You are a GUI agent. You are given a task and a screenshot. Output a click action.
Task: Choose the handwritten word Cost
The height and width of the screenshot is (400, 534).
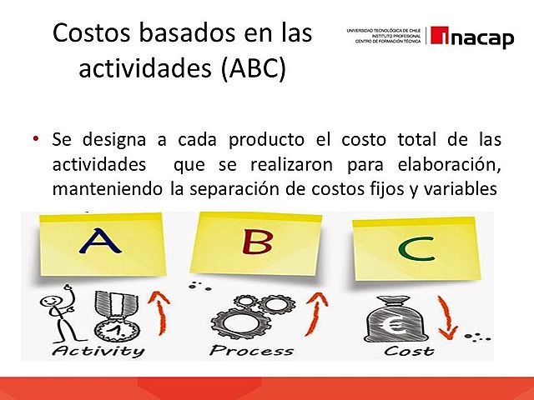coord(408,351)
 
